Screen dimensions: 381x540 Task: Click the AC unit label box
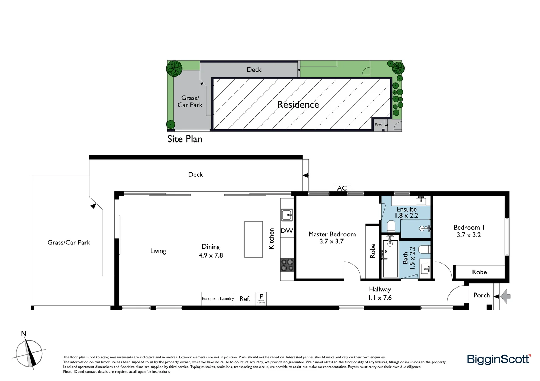pos(342,188)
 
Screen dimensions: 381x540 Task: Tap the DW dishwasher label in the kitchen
pos(287,231)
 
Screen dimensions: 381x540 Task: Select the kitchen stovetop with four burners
pos(287,265)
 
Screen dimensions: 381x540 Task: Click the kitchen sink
pos(287,214)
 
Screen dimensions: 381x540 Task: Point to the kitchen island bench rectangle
pos(253,239)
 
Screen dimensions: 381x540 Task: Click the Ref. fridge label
pos(245,299)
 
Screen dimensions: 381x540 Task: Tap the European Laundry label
pos(218,298)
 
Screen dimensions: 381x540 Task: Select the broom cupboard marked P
pos(261,298)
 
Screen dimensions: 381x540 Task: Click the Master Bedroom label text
pos(332,234)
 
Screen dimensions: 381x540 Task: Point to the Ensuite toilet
pos(391,226)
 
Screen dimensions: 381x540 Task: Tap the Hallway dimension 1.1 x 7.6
pos(380,298)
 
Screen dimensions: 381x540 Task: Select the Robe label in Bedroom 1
pos(479,272)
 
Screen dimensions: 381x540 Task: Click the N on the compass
pos(24,334)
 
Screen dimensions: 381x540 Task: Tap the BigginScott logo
pos(499,359)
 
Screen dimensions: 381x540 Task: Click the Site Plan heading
pos(185,139)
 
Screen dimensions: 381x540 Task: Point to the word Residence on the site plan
pos(298,104)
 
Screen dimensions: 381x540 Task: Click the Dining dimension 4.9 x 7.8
pos(211,255)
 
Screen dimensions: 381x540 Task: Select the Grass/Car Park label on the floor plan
pos(69,242)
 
